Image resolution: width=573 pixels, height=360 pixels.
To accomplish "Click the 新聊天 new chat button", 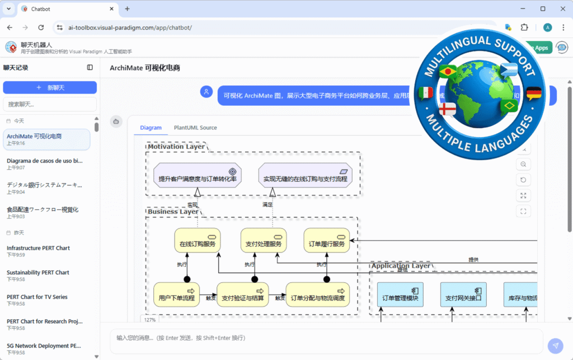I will pos(50,88).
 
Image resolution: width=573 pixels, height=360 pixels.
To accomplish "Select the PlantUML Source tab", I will pos(195,128).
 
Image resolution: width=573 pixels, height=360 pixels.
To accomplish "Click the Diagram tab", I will pos(151,128).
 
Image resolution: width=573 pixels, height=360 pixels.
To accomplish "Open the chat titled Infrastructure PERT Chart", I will pos(38,248).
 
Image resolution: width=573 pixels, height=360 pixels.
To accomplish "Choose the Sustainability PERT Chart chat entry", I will pos(38,273).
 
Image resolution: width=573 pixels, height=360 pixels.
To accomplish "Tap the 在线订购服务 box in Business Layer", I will pos(197,241).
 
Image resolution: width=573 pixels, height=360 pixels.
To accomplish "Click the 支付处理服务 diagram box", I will pos(264,241).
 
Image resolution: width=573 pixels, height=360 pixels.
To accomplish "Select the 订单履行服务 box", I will pos(327,241).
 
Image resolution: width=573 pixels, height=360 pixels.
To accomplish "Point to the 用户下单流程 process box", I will pos(176,294).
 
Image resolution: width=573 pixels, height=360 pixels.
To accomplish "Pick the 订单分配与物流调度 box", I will pos(317,294).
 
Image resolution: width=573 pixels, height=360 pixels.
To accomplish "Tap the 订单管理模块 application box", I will pos(400,294).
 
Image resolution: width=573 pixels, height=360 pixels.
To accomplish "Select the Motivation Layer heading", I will pos(176,147).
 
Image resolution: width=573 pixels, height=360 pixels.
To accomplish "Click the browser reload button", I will pos(41,27).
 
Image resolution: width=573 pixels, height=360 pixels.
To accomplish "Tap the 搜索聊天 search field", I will pos(50,104).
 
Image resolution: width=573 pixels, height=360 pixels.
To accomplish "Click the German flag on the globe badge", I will pos(534,93).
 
